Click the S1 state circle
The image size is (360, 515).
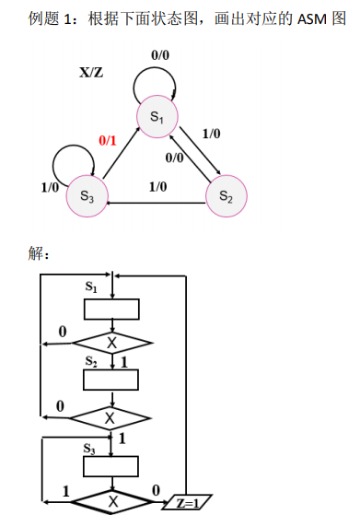[157, 117]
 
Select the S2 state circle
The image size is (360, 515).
[225, 197]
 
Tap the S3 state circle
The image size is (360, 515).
[87, 196]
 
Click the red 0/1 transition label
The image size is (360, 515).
[108, 141]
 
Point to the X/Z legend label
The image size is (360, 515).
[91, 72]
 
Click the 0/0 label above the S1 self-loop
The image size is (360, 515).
[160, 55]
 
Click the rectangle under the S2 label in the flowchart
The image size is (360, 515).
[111, 380]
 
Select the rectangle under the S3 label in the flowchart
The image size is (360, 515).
[111, 466]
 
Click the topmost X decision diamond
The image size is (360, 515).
[111, 342]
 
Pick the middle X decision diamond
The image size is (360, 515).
[110, 417]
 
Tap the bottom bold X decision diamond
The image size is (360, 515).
[111, 502]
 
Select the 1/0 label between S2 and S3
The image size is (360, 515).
[157, 187]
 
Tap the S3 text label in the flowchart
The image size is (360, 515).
[90, 449]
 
